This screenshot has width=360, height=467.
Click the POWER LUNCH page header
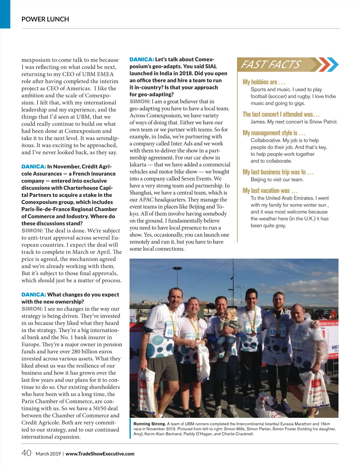coord(45,19)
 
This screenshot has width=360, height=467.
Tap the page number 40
coord(26,453)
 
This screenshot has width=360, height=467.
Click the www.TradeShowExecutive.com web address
coord(100,454)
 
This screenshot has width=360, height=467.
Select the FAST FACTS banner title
coord(270,64)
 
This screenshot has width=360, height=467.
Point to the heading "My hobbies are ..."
coord(264,82)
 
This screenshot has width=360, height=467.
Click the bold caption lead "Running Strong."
coord(149,424)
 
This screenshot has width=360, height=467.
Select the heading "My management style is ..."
coord(274,133)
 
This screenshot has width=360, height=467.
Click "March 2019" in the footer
coord(48,454)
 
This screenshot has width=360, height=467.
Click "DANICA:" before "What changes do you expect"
coord(34,295)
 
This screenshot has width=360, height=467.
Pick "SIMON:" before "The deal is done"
coord(32,231)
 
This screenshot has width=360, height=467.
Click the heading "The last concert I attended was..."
coord(281,115)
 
